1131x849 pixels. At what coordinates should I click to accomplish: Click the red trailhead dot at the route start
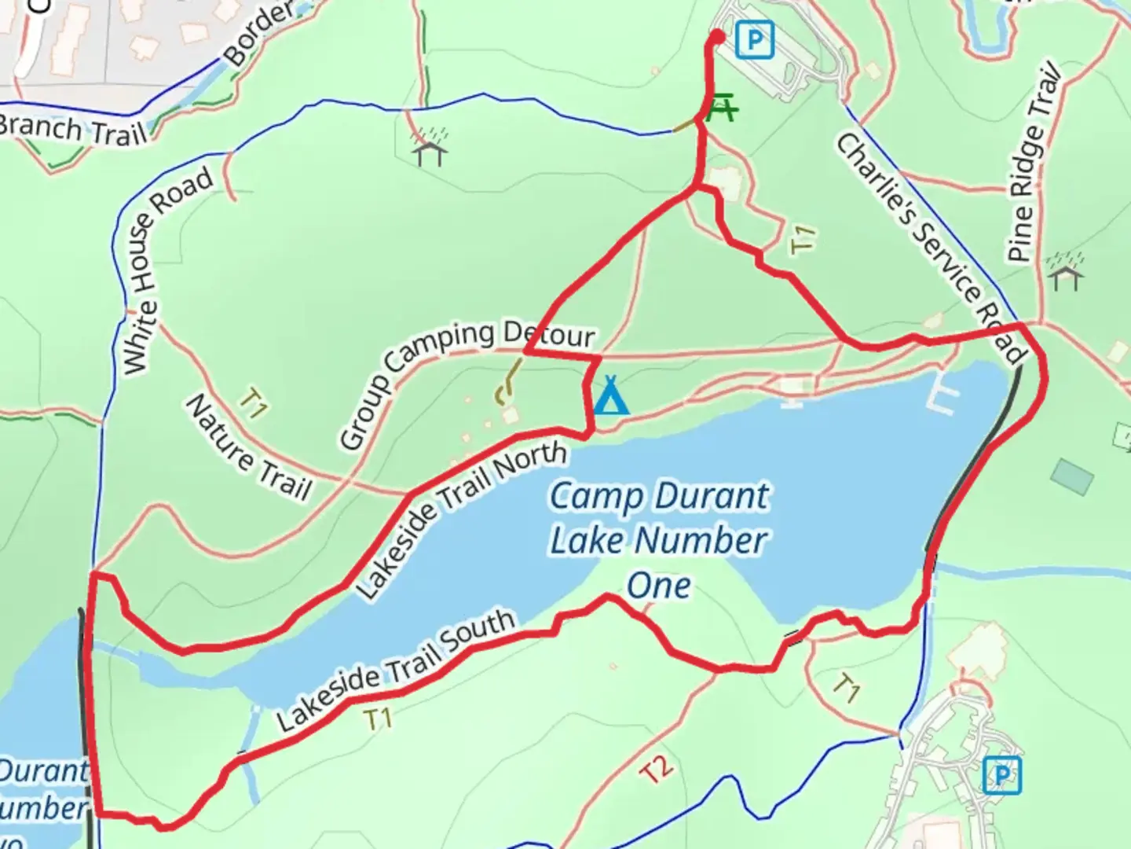pos(717,36)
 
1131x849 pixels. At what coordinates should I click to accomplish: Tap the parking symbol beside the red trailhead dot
pos(755,39)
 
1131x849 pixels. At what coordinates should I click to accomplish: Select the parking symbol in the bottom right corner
pos(1001,775)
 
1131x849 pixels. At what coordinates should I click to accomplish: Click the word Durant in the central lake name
pos(713,496)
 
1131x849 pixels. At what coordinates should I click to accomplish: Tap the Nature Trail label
pos(248,448)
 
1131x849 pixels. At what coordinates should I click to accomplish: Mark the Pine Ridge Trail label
pos(1034,166)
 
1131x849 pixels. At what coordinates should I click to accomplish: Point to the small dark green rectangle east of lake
pos(1072,475)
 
